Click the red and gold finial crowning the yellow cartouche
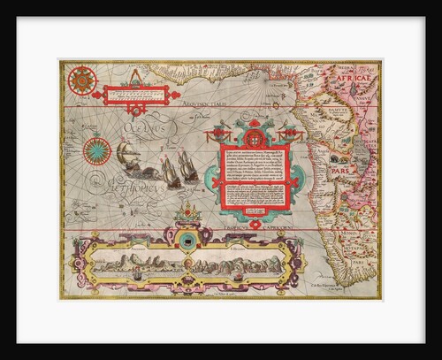[x=187, y=212]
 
